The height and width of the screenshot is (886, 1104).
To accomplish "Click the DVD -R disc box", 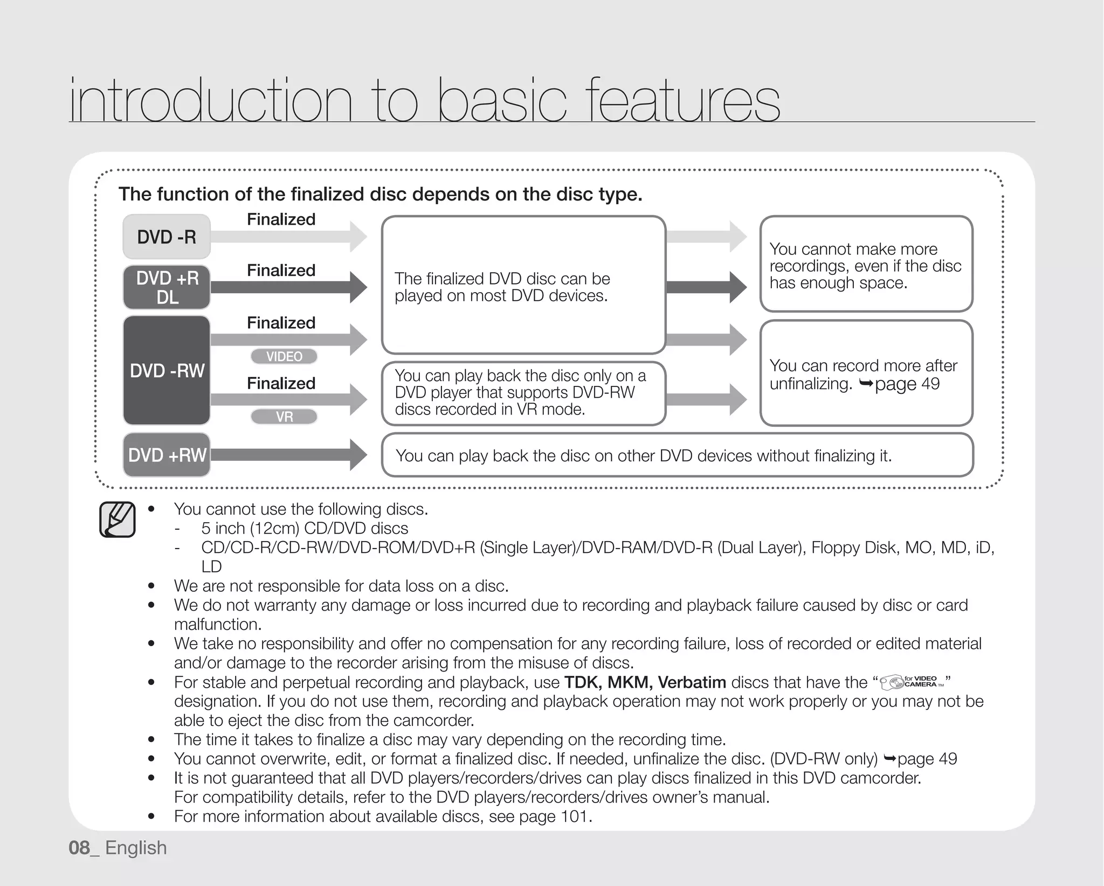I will [167, 237].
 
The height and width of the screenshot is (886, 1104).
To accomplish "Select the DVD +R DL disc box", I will [167, 287].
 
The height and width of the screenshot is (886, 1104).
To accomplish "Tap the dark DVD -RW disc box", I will [167, 371].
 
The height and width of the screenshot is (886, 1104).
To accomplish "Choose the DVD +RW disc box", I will [167, 455].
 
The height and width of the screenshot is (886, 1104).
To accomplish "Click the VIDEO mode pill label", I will [284, 357].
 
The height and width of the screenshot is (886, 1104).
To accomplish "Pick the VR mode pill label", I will [284, 417].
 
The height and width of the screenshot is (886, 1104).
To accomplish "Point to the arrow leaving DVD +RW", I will [288, 455].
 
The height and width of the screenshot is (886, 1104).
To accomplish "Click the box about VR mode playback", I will [523, 393].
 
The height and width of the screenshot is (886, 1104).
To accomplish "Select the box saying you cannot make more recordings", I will [866, 264].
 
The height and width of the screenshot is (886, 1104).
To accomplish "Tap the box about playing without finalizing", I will [677, 455].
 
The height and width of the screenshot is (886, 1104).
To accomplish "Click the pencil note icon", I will [117, 520].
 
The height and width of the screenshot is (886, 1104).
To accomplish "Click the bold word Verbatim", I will [692, 682].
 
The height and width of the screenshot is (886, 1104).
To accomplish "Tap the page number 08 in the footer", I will [79, 848].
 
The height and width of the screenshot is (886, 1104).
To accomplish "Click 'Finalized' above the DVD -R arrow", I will [281, 219].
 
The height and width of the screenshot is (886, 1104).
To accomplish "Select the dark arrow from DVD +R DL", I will [288, 287].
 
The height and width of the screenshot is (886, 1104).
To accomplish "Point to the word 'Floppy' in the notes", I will [836, 548].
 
